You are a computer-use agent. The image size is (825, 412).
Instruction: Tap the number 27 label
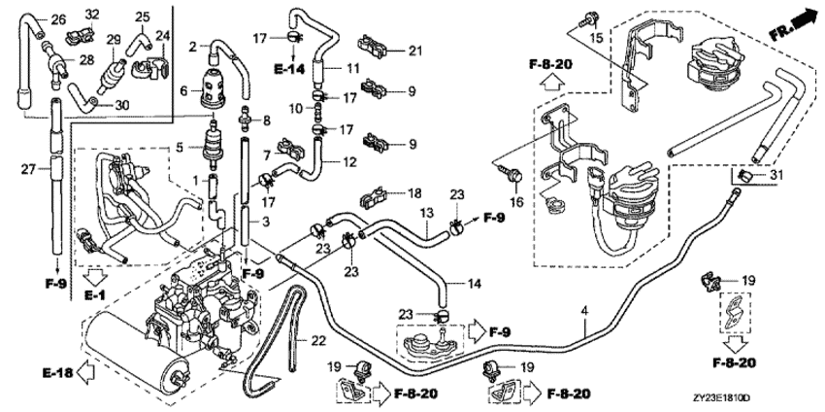click(30, 169)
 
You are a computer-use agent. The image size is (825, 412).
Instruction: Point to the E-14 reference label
click(288, 70)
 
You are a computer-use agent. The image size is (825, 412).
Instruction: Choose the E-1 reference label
click(95, 292)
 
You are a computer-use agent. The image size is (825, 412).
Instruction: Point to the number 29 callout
click(113, 40)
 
